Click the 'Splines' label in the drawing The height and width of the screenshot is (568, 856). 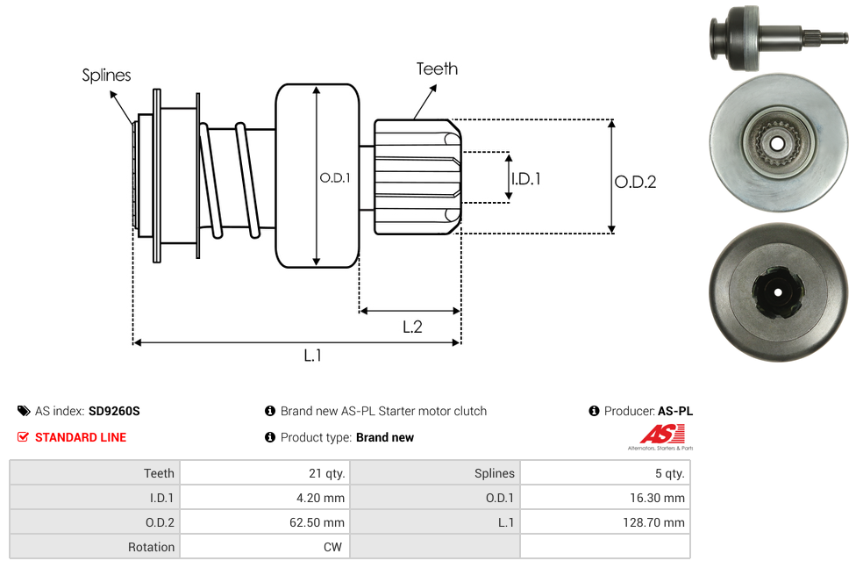click(x=106, y=75)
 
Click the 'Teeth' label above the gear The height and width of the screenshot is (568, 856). click(x=437, y=68)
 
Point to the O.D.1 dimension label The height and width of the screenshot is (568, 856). click(x=335, y=177)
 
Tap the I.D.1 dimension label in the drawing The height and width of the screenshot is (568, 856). click(x=525, y=178)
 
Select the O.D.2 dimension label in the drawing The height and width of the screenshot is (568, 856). click(x=635, y=182)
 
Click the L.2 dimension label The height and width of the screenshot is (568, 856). click(x=412, y=327)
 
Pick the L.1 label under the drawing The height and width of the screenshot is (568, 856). click(x=313, y=355)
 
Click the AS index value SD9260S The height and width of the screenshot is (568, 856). click(x=114, y=411)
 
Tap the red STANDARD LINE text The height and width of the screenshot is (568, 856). click(x=81, y=437)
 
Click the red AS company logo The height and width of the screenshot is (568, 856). click(x=661, y=434)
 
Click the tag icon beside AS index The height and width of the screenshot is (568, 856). click(x=23, y=411)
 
